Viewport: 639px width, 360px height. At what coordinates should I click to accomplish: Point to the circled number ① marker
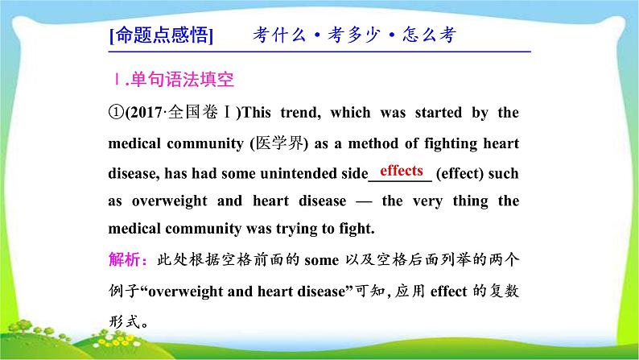click(113, 113)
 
